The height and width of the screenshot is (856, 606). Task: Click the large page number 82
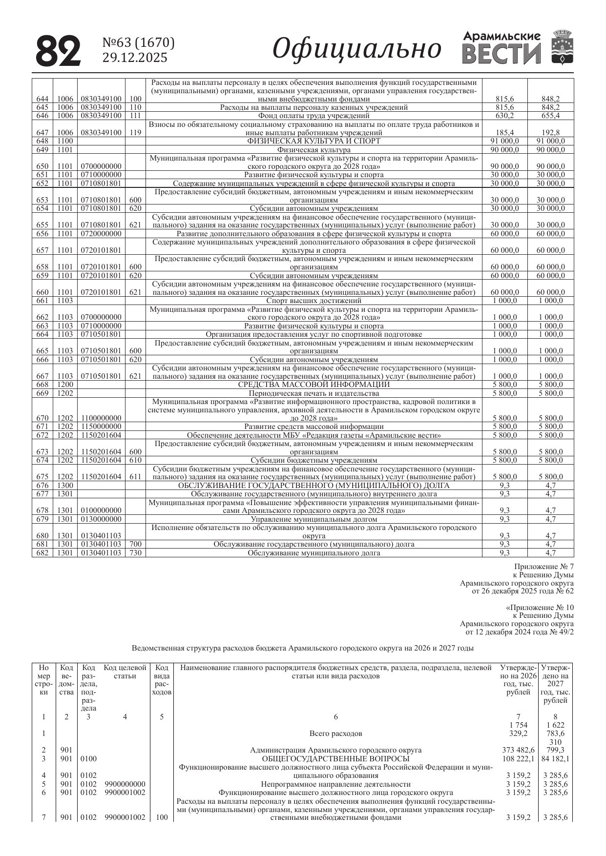[x=58, y=50]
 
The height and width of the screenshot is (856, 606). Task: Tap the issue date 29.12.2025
[x=134, y=58]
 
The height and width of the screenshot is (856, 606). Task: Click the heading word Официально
[x=356, y=49]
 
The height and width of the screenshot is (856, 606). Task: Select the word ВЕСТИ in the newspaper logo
[x=502, y=54]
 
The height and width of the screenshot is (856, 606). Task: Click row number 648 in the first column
[x=42, y=141]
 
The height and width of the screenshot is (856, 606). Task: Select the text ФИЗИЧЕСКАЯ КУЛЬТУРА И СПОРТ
[x=313, y=141]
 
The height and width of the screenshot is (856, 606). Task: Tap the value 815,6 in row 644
[x=504, y=99]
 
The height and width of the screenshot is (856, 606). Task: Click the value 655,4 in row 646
[x=550, y=116]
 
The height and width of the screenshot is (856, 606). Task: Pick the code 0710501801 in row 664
[x=101, y=334]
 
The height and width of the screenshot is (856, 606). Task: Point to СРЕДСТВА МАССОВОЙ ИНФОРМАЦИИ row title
[x=313, y=385]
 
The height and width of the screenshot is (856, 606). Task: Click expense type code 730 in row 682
[x=135, y=553]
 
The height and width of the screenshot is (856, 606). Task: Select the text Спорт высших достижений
[x=313, y=301]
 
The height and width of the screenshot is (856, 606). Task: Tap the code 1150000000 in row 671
[x=101, y=427]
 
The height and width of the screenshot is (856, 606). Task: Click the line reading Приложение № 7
[x=543, y=567]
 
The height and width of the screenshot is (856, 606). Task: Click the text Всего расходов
[x=335, y=734]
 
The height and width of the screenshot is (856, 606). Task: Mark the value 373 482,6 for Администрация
[x=518, y=750]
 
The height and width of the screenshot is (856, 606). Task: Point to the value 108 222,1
[x=518, y=759]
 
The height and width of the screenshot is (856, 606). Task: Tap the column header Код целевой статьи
[x=125, y=672]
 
